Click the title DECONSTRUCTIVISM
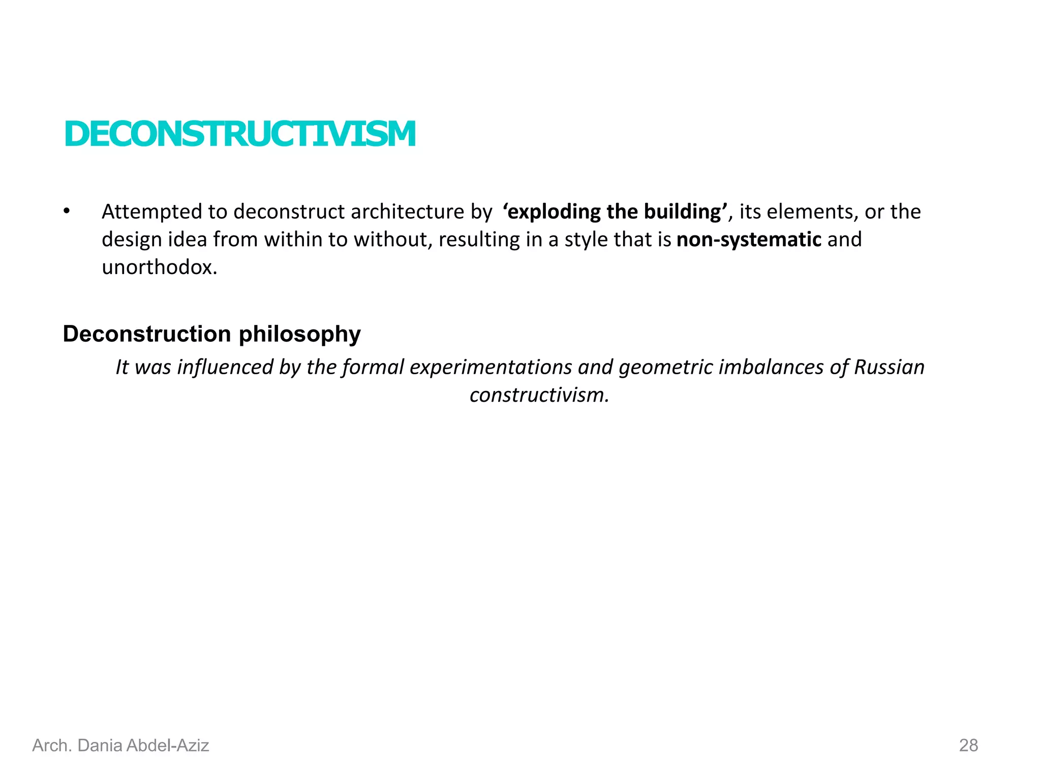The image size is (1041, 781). tap(240, 135)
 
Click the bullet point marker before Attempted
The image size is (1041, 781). tap(67, 211)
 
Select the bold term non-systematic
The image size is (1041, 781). tap(749, 239)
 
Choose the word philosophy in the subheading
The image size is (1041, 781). tap(300, 335)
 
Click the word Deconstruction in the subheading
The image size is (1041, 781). tap(147, 334)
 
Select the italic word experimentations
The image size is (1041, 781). tap(491, 367)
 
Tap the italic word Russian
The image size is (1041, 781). tap(889, 367)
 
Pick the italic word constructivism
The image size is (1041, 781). tap(539, 395)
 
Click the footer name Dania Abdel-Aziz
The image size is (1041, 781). tap(143, 745)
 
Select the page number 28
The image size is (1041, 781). tap(968, 745)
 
